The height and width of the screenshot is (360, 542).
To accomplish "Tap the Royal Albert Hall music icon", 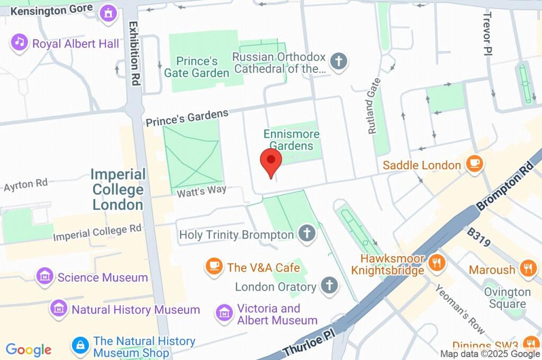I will (x=20, y=43).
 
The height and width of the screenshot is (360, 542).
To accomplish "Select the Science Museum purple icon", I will (x=45, y=277).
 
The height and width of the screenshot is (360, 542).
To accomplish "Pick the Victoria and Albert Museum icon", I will (x=224, y=313).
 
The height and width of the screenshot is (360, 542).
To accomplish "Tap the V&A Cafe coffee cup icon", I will (x=214, y=267).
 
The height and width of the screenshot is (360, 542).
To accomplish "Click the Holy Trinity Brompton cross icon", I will (x=306, y=233).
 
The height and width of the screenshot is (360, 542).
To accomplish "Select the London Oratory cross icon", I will (x=329, y=286).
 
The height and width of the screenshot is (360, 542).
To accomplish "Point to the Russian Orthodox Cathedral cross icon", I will (x=338, y=61).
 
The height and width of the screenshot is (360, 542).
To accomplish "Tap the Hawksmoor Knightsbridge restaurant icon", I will (x=436, y=264).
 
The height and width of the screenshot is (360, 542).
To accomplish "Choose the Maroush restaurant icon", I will (x=527, y=269).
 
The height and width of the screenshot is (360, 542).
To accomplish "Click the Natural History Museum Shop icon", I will (x=80, y=346).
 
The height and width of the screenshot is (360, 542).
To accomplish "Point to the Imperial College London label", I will (x=118, y=189).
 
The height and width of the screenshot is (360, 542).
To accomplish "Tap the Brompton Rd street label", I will (x=505, y=185).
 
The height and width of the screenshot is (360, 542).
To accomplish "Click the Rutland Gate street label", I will (x=374, y=106).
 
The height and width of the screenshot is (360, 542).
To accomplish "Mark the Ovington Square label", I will (x=507, y=298).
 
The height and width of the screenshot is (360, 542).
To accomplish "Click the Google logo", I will (x=29, y=349).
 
